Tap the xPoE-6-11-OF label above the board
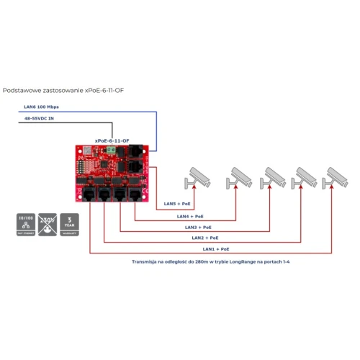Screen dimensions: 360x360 112,141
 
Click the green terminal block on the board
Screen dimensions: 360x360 113,150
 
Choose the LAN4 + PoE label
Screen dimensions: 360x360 191,215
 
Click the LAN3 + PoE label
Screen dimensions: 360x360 198,226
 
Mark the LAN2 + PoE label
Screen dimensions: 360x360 205,237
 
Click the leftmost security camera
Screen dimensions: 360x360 197,176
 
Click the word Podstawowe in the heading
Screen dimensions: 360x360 22,91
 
